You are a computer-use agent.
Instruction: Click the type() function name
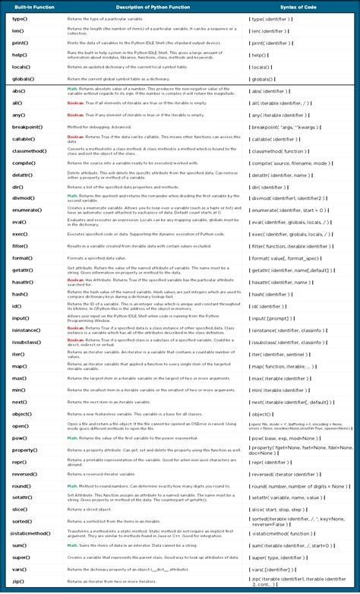pyautogui.click(x=20, y=17)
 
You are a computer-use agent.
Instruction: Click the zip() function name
pyautogui.click(x=18, y=583)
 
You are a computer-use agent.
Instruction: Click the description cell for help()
pyautogui.click(x=152, y=55)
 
